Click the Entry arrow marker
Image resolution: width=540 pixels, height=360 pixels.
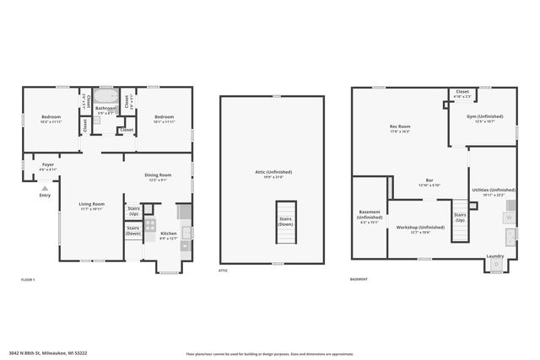tap(45, 187)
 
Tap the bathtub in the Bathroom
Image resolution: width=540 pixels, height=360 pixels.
tap(105, 96)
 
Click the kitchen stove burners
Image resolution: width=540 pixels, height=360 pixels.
tap(150, 225)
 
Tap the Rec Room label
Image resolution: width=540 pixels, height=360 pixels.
tap(399, 130)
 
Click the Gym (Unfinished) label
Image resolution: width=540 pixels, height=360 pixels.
tap(484, 118)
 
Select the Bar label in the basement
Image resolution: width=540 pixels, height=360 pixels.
tap(429, 182)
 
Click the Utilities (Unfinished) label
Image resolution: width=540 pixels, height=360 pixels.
tap(492, 193)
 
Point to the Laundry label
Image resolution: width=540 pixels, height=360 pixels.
tap(495, 256)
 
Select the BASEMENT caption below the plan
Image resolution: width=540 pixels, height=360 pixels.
tap(359, 279)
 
